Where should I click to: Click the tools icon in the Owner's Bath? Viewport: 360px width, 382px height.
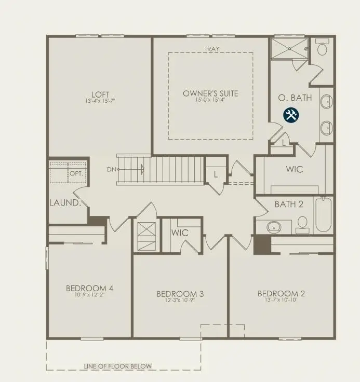click(290, 115)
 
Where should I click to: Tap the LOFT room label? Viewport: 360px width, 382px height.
click(100, 94)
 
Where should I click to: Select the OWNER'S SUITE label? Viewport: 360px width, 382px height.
click(210, 93)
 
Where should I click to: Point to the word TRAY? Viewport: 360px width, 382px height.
click(211, 49)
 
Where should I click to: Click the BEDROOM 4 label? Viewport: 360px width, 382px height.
click(90, 289)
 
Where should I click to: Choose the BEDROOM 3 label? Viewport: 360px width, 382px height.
click(180, 294)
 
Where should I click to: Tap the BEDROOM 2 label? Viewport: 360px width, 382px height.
click(281, 294)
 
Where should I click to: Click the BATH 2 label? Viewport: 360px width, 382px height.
click(289, 204)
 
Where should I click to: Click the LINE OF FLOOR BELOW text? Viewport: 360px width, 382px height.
click(118, 366)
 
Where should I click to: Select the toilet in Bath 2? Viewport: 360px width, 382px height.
click(302, 224)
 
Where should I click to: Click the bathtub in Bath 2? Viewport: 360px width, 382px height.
click(323, 214)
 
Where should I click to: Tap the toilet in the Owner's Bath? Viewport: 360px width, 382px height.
click(322, 49)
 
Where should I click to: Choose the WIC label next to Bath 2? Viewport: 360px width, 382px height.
click(294, 169)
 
